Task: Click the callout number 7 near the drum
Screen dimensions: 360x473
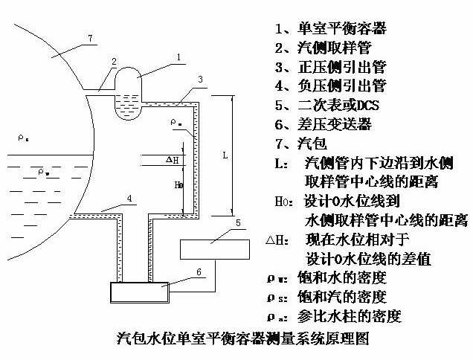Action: [90, 37]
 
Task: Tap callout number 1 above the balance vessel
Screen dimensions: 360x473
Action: [178, 57]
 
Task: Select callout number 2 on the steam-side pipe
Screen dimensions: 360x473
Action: [114, 62]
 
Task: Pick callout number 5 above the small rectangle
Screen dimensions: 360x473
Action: [236, 222]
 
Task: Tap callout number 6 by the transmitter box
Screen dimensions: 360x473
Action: [199, 272]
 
